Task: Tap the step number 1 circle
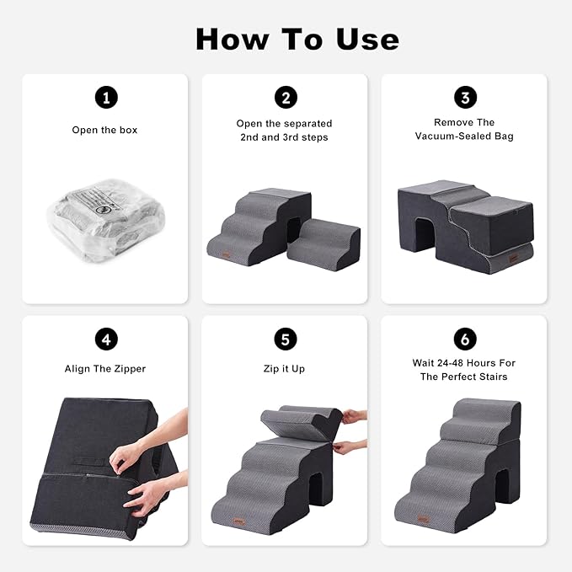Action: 104,98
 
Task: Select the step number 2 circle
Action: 285,98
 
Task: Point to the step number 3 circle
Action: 465,98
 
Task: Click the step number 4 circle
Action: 104,339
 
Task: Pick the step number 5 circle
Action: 285,339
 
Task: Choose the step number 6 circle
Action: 465,339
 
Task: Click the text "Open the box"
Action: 104,131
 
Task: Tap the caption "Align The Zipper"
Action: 104,369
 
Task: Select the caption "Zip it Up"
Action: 285,369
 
